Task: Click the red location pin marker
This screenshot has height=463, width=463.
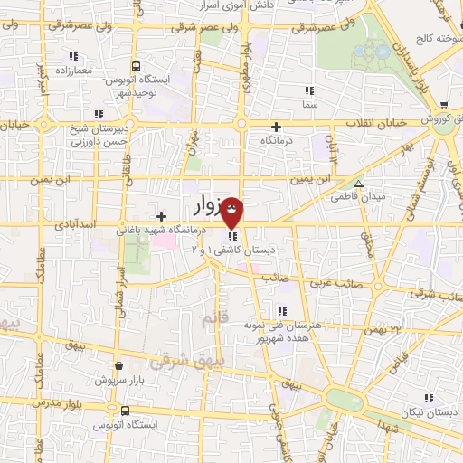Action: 232,213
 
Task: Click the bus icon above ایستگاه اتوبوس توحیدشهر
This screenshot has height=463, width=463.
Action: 136,66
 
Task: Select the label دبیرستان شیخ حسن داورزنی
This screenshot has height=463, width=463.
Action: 101,137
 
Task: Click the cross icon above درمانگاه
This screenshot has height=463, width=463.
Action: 276,128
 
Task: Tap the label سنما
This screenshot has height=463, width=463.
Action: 312,105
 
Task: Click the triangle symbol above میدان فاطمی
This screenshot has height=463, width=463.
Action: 359,184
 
